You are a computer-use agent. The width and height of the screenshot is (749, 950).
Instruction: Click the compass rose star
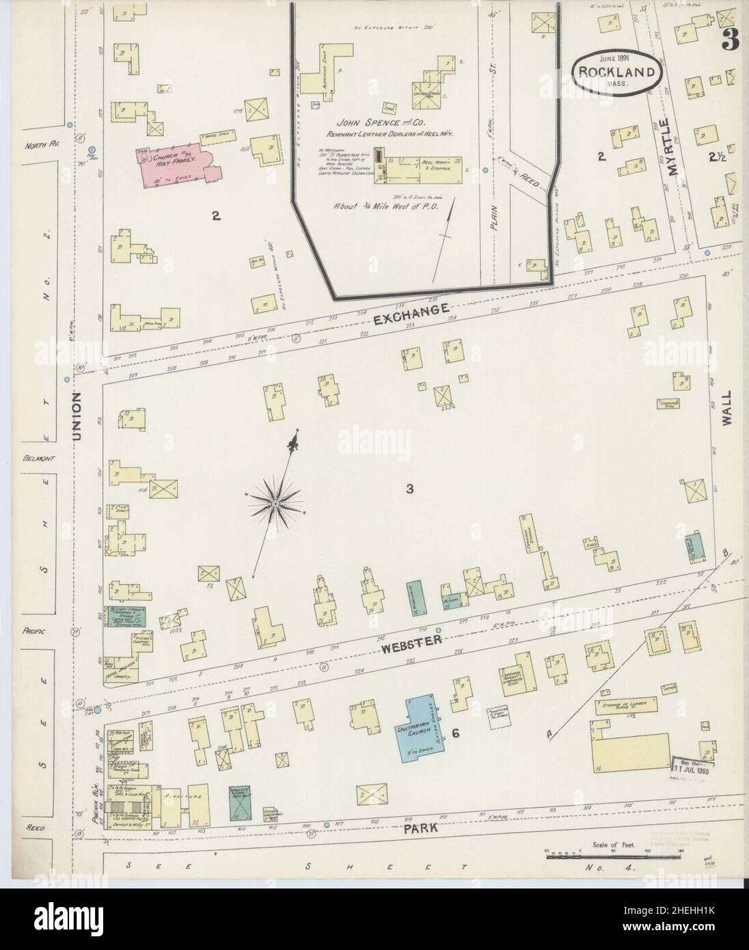[275, 504]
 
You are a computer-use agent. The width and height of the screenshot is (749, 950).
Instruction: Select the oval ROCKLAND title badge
[617, 72]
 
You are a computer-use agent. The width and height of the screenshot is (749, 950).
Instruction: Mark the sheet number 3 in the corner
[728, 41]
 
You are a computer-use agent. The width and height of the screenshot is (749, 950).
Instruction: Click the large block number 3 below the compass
[409, 489]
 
